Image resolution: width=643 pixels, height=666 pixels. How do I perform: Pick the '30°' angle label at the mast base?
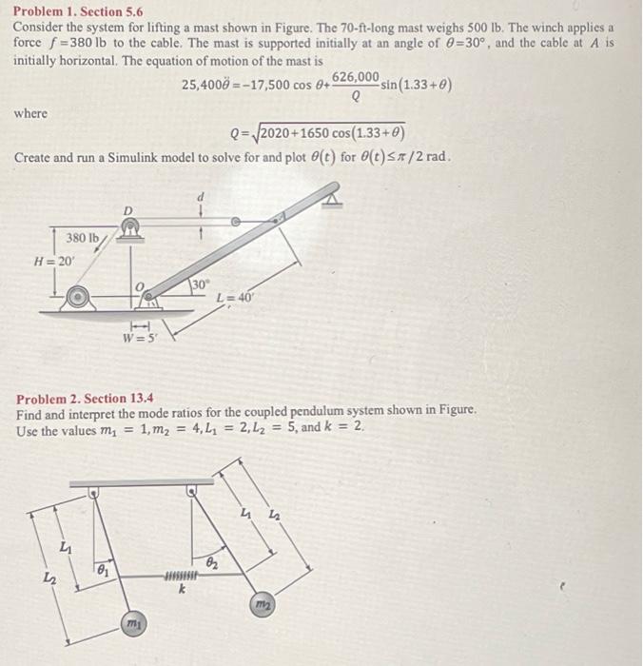pyautogui.click(x=200, y=284)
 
